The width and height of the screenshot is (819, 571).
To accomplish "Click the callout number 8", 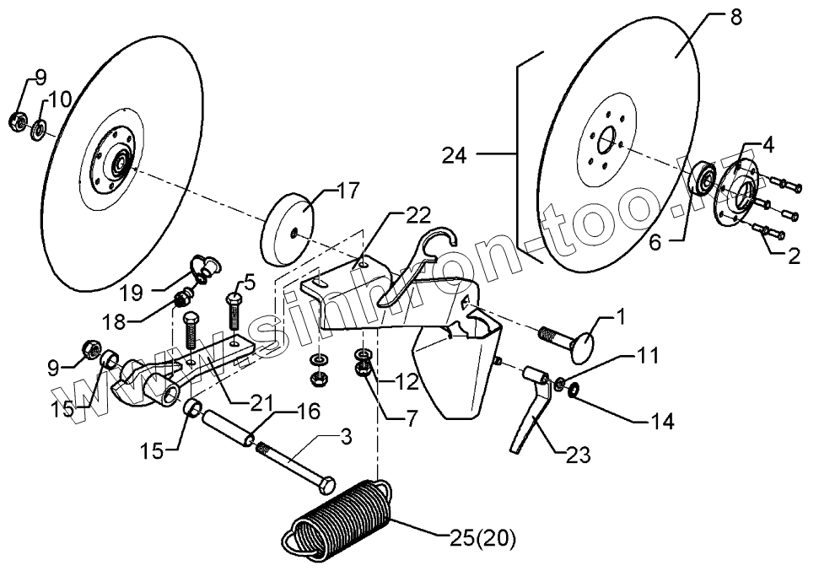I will tap(735, 18).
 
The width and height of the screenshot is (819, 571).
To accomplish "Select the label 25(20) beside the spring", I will tap(484, 536).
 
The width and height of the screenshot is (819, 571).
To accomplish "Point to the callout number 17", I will tap(326, 192).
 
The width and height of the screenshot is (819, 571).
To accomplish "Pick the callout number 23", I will tap(577, 455).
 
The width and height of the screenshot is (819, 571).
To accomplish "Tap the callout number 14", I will tap(661, 421).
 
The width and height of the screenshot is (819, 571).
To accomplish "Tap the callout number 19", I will tap(131, 294).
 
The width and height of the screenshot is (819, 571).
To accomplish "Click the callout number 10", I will tap(60, 100).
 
